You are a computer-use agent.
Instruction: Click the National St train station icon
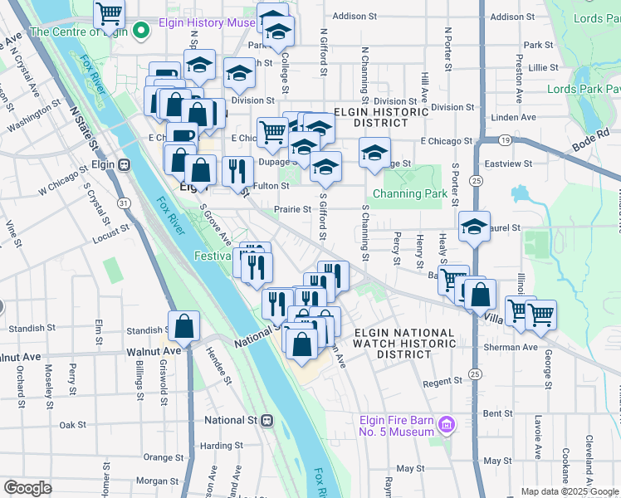click(266, 420)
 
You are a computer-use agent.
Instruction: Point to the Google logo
click(27, 488)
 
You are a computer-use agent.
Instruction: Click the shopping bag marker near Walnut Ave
click(183, 327)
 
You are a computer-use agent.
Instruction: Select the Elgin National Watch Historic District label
click(404, 344)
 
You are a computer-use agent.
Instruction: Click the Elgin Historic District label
click(370, 116)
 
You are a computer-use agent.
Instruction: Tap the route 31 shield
click(123, 203)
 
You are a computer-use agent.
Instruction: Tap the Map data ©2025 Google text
click(570, 491)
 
